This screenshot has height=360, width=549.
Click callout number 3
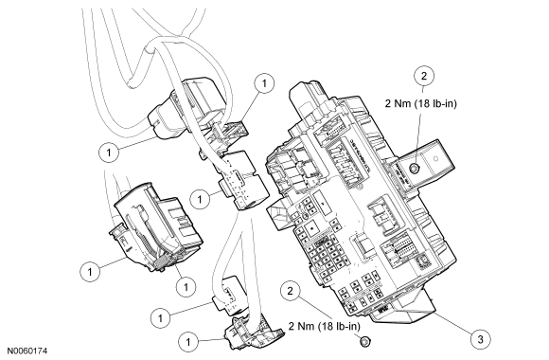(x=480, y=339)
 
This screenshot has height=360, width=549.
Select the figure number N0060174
(x=27, y=351)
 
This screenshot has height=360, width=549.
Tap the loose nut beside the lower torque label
(x=364, y=341)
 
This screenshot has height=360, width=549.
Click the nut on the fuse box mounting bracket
(x=415, y=169)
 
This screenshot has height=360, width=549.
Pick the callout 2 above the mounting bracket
(x=424, y=76)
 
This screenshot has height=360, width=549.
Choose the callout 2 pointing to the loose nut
(x=290, y=291)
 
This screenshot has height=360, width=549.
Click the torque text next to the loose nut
(x=325, y=326)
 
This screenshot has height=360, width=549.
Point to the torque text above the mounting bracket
(x=421, y=104)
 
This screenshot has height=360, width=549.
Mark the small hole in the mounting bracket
(x=435, y=158)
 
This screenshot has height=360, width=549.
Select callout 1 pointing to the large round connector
(x=109, y=153)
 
